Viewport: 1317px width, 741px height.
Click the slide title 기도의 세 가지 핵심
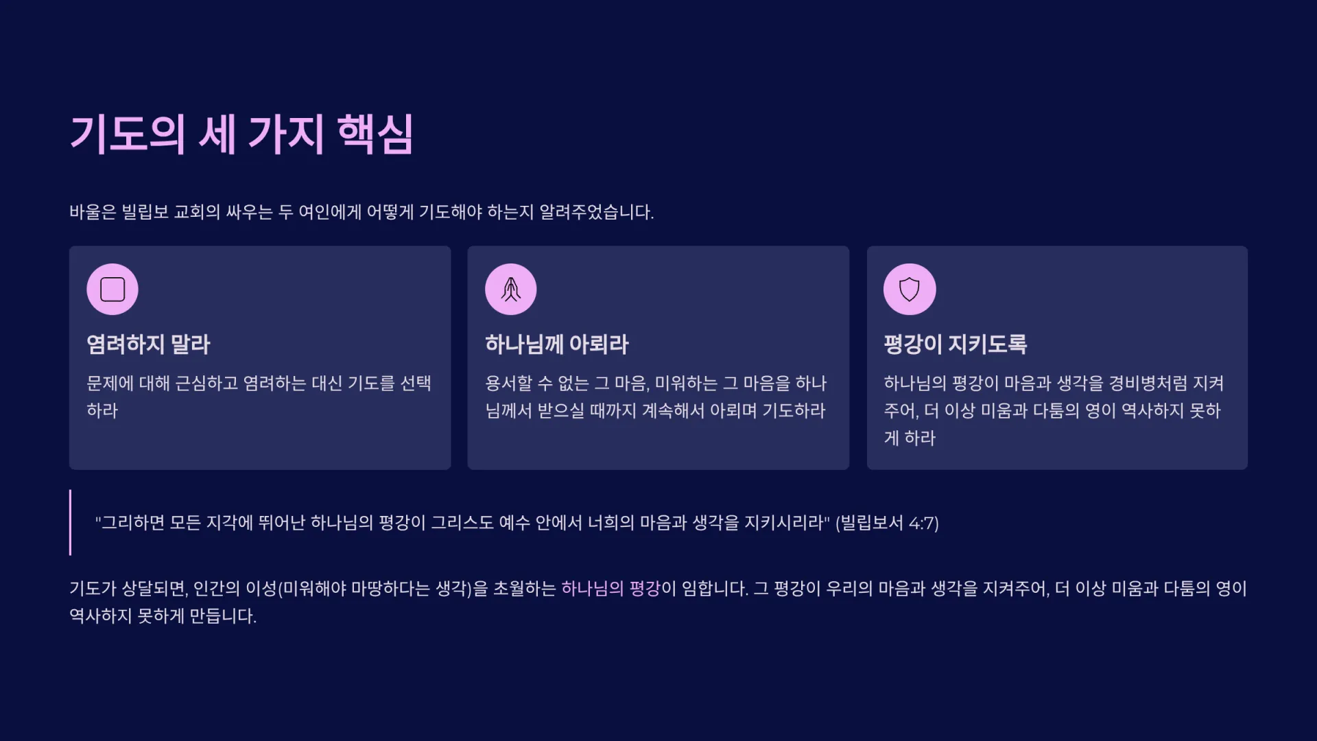(241, 134)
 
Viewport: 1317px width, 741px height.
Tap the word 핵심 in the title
(375, 134)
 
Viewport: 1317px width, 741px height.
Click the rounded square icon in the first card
(112, 290)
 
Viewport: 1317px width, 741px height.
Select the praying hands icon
(511, 290)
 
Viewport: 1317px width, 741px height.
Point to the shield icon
(910, 290)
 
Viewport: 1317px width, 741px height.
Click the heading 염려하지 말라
(148, 344)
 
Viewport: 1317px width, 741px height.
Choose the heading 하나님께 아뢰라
(557, 344)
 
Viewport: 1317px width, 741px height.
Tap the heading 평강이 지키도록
(956, 344)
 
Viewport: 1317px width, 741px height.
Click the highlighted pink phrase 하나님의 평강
(610, 589)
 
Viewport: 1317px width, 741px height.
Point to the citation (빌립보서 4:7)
(887, 524)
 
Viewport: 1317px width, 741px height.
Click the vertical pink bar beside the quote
(70, 523)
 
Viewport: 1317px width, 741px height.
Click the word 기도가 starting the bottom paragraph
(93, 589)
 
